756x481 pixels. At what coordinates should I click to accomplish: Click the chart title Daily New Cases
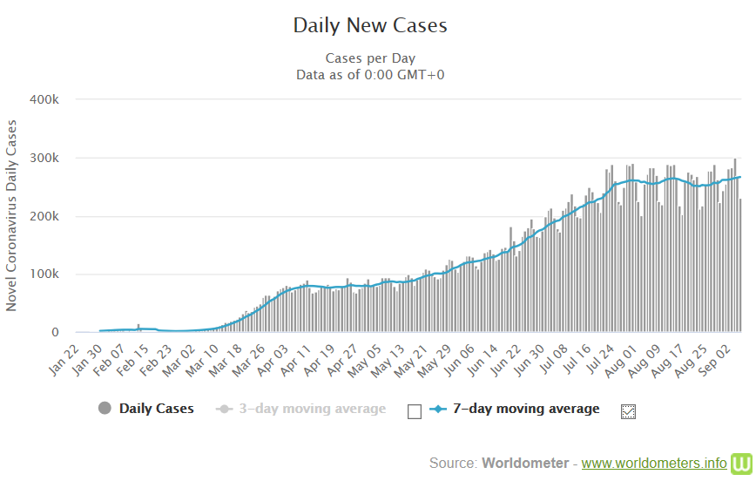pyautogui.click(x=370, y=25)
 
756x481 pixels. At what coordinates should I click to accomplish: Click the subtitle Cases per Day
pyautogui.click(x=370, y=58)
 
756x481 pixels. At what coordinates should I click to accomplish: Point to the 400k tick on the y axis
pyautogui.click(x=44, y=99)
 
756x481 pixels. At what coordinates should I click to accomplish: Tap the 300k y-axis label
pyautogui.click(x=44, y=158)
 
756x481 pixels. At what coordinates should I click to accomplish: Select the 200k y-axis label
pyautogui.click(x=44, y=216)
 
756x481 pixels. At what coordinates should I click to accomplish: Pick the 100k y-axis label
pyautogui.click(x=44, y=274)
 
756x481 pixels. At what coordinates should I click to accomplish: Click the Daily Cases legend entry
pyautogui.click(x=156, y=408)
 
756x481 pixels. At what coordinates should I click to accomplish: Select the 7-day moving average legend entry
pyautogui.click(x=526, y=408)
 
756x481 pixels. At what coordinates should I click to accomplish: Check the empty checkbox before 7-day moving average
pyautogui.click(x=415, y=410)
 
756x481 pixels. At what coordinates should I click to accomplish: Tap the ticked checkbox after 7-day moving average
pyautogui.click(x=628, y=410)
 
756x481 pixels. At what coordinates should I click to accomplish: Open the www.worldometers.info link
pyautogui.click(x=653, y=462)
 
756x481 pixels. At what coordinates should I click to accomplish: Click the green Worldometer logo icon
pyautogui.click(x=742, y=462)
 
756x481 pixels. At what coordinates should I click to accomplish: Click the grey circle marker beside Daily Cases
pyautogui.click(x=105, y=409)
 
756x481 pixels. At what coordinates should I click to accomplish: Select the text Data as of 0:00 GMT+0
pyautogui.click(x=370, y=74)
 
